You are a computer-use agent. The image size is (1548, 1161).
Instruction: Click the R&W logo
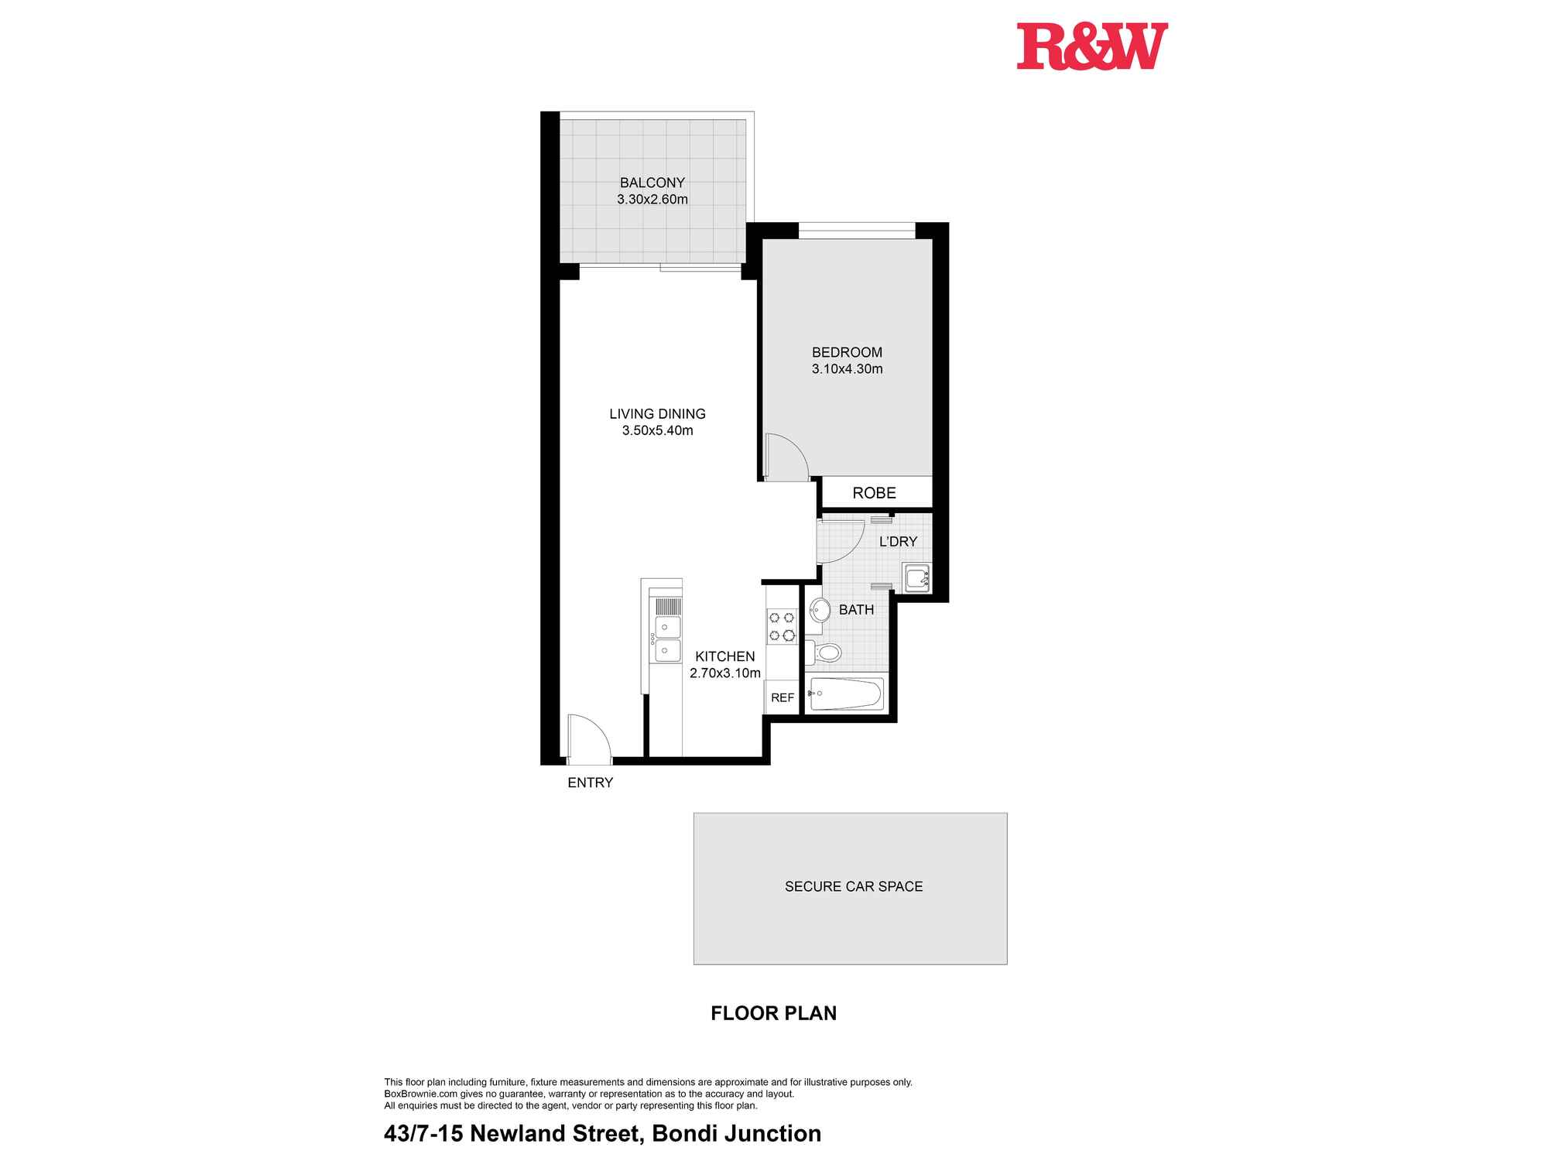click(1091, 46)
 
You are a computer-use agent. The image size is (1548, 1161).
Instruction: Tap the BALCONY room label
click(652, 183)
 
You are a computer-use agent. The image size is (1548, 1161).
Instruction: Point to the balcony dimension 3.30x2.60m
click(652, 200)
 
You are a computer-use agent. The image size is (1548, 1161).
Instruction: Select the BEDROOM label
click(847, 352)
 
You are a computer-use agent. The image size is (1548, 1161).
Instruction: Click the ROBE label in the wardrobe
click(874, 493)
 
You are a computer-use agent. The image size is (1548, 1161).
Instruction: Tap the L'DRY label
click(898, 542)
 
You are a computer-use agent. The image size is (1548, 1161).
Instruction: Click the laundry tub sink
click(916, 578)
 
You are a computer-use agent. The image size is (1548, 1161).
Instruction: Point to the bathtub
click(845, 694)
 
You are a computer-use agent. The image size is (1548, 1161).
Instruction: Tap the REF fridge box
click(783, 697)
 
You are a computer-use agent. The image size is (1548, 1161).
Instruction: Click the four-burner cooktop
click(781, 626)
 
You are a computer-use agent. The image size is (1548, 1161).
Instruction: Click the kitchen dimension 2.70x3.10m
click(724, 673)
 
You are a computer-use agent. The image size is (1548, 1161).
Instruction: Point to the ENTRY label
click(590, 783)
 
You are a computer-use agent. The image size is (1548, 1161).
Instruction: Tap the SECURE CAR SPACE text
click(853, 887)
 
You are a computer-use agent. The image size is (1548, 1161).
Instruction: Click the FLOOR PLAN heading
click(773, 1013)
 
